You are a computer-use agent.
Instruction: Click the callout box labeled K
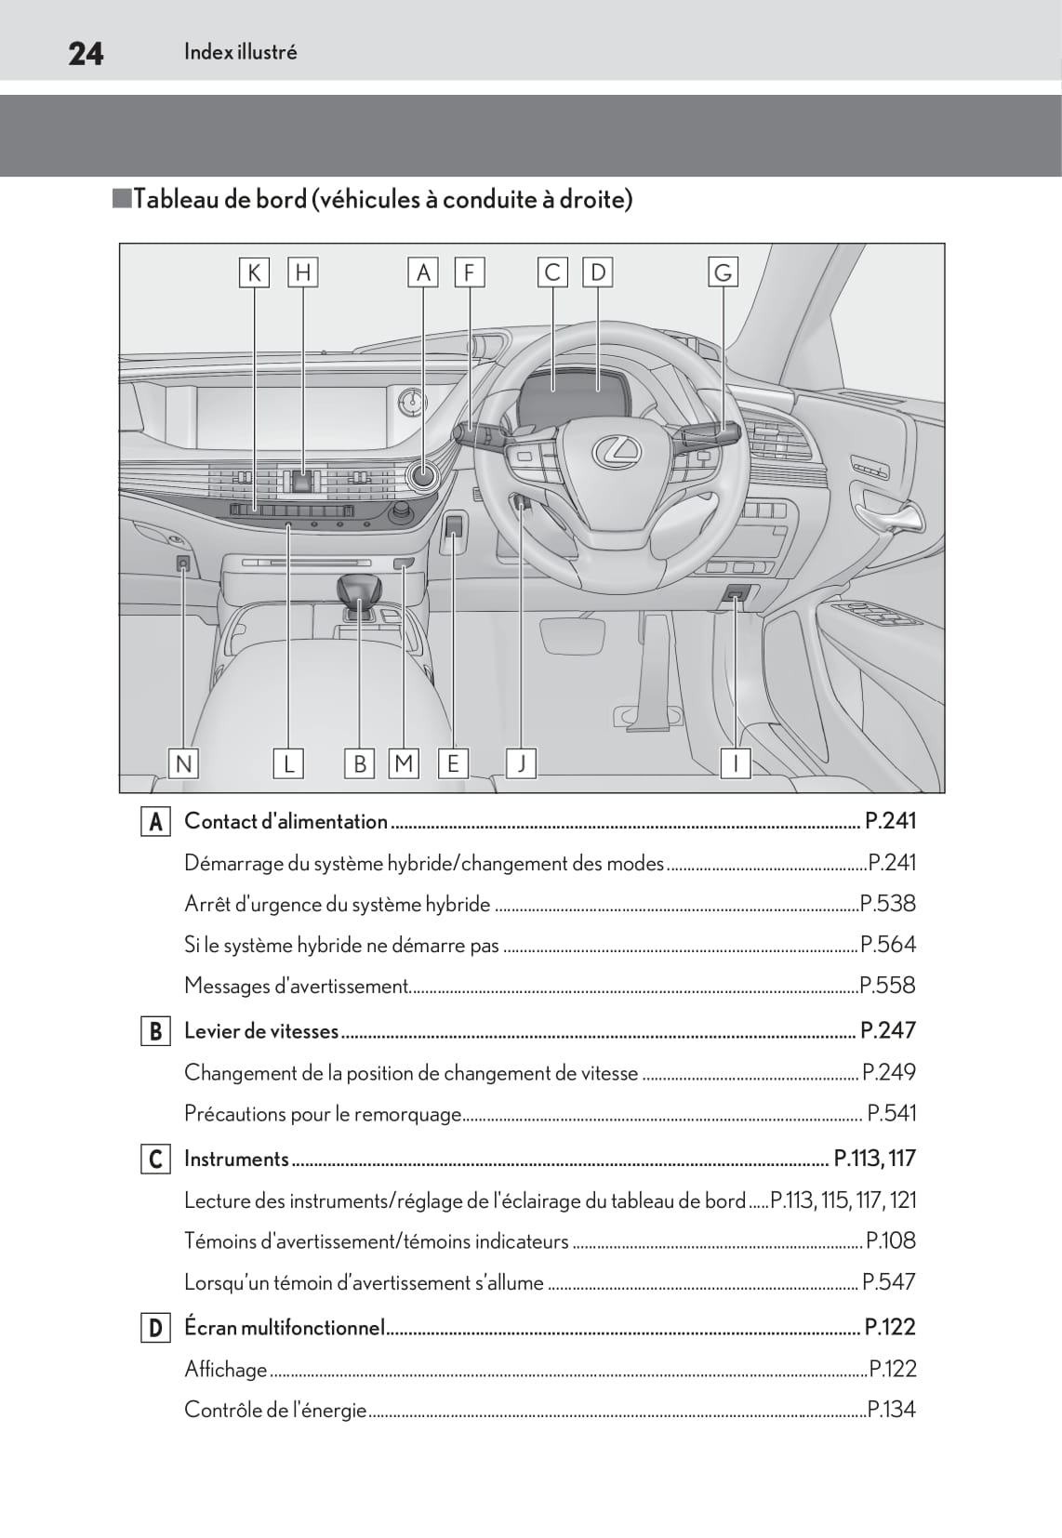(x=253, y=272)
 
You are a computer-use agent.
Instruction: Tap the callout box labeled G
(x=723, y=272)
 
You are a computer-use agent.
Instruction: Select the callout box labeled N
(x=183, y=763)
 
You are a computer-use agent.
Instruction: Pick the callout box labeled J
(x=522, y=763)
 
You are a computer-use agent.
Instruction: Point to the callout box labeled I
(x=736, y=763)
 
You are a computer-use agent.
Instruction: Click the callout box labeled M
(x=404, y=763)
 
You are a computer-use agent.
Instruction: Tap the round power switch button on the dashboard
(x=423, y=475)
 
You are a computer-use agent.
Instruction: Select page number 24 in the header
(x=86, y=54)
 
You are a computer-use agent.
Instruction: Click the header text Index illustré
(x=240, y=52)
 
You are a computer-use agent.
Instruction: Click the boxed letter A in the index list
(x=155, y=822)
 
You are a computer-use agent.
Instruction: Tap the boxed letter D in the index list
(x=155, y=1328)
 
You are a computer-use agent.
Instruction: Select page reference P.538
(x=888, y=904)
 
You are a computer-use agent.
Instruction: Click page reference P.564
(x=888, y=945)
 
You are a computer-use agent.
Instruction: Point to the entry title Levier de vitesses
(x=261, y=1030)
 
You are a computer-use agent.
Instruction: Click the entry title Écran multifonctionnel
(x=285, y=1327)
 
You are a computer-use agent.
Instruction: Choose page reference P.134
(x=892, y=1410)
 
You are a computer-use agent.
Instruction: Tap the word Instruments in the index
(x=236, y=1159)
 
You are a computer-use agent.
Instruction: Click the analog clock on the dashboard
(x=411, y=404)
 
